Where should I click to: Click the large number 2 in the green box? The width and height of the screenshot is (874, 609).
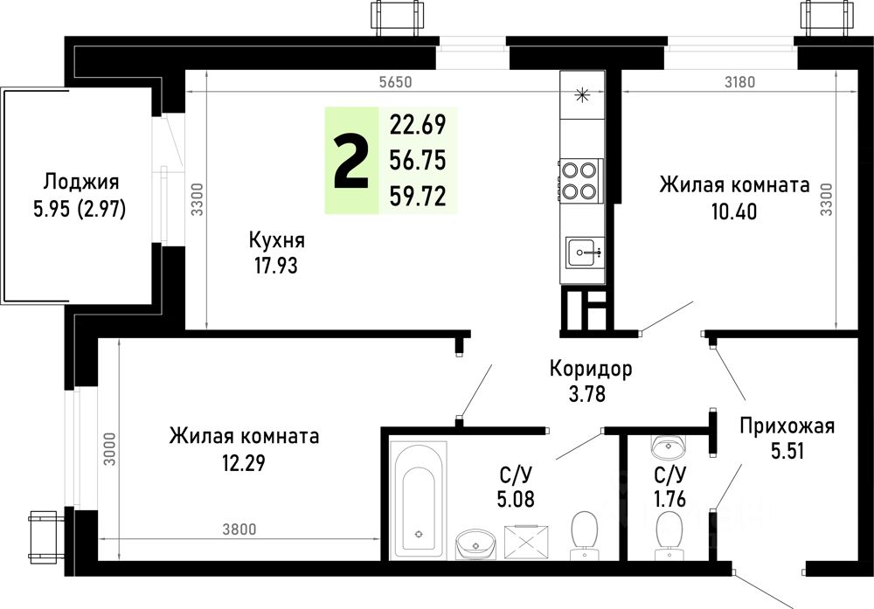[351, 162]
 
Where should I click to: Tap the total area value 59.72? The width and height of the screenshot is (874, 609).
[418, 197]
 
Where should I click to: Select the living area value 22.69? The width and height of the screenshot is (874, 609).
[418, 125]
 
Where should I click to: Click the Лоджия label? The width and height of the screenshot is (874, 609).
[80, 183]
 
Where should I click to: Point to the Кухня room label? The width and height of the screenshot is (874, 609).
[276, 239]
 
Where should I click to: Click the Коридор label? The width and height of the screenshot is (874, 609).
[591, 369]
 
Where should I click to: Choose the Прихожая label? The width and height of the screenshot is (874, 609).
[787, 426]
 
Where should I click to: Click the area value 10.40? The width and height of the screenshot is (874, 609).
[734, 211]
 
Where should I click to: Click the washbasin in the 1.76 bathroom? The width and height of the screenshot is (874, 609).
[670, 448]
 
